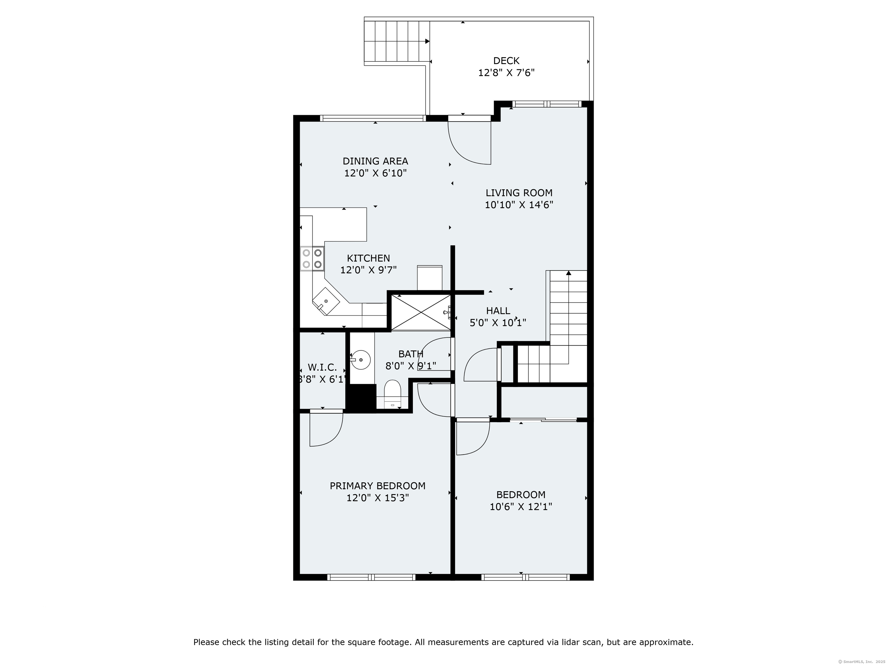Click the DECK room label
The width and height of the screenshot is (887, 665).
coord(506,61)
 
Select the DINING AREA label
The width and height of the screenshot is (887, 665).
coord(375,161)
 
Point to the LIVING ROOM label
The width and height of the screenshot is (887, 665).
coord(519,193)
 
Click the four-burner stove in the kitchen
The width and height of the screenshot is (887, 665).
coord(312,259)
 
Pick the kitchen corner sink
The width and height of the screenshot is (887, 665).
coord(326,301)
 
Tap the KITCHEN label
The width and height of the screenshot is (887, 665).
coord(368,258)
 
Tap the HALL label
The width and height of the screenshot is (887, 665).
coord(498,311)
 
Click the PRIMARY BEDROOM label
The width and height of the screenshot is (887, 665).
coord(377,486)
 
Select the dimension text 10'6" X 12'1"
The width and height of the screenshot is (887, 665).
coord(521,507)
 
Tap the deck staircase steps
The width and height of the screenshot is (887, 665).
coord(396,41)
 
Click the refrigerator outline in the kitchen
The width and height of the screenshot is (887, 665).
coord(429,277)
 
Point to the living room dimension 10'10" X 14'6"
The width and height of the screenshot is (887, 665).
coord(519,205)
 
